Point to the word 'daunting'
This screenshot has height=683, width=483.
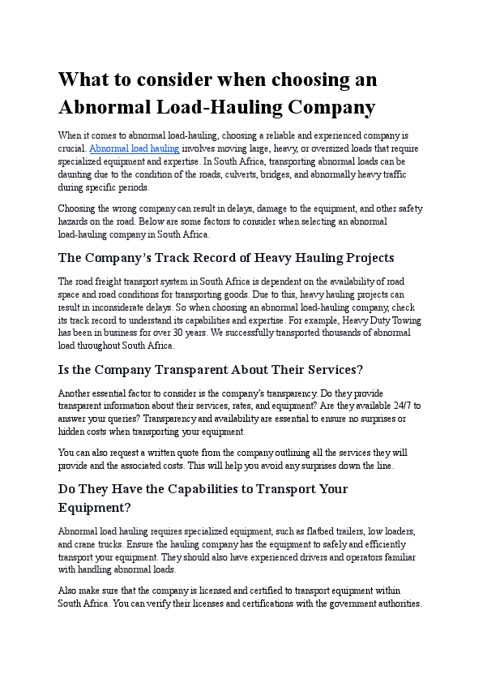point(75,174)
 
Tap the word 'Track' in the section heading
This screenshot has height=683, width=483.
point(169,258)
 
